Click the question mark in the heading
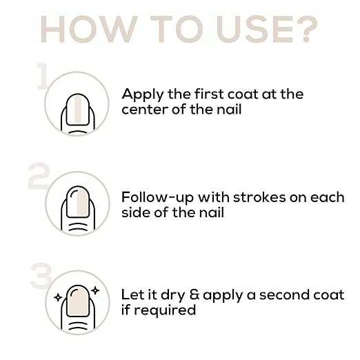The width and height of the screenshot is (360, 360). [307, 29]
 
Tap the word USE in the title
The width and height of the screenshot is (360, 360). [254, 29]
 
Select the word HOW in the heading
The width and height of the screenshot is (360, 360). [89, 29]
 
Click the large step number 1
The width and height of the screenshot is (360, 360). [43, 76]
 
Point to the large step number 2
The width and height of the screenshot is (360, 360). [39, 176]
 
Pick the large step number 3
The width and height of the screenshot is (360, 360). [41, 276]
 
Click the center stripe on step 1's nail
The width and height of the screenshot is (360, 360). [78, 110]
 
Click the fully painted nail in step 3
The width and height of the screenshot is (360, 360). [78, 301]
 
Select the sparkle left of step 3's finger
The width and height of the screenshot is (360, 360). [58, 297]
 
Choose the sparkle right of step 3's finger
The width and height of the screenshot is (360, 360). [95, 290]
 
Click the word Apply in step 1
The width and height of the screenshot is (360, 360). [143, 95]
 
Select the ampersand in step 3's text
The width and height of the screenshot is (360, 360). [194, 294]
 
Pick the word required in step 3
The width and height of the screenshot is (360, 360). [165, 310]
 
